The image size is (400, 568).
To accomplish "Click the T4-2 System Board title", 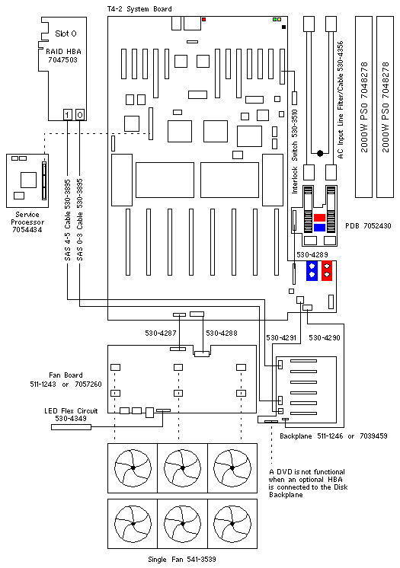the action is click(x=139, y=8).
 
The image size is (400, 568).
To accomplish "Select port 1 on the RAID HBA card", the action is click(x=68, y=115).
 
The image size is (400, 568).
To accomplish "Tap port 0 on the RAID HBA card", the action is click(x=80, y=115).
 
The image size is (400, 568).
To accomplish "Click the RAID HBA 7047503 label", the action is click(x=63, y=56).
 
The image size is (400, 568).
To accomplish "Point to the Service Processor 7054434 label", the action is click(x=27, y=222).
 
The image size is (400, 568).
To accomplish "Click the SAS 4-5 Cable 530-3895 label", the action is click(x=68, y=219).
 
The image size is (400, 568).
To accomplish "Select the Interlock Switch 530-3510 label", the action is click(x=294, y=152).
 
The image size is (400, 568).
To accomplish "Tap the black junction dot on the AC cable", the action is click(x=320, y=153).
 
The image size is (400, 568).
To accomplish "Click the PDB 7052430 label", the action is click(x=368, y=225).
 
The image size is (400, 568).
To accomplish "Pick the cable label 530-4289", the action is click(x=312, y=254).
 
